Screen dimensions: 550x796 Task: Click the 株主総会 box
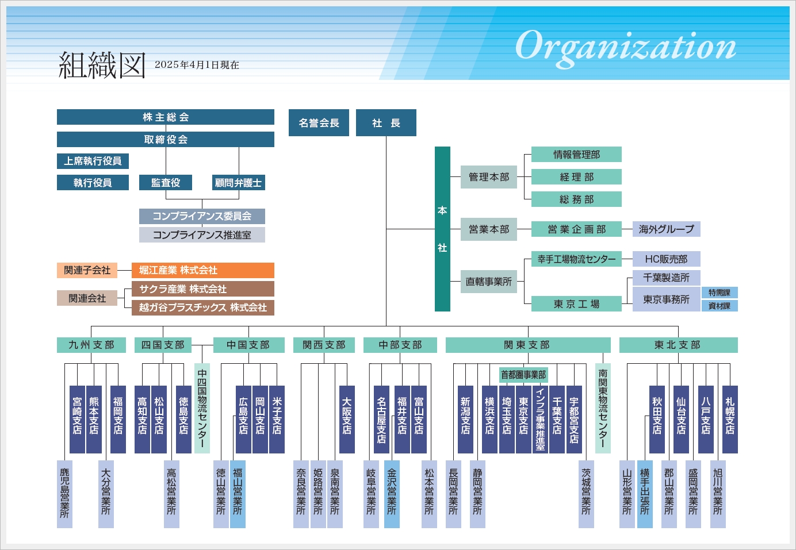[166, 117]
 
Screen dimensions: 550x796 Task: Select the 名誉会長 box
[319, 123]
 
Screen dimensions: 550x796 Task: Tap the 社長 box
[386, 123]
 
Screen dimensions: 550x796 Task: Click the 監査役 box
[166, 183]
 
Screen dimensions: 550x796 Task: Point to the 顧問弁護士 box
[238, 183]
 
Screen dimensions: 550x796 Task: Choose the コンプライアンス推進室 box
[202, 235]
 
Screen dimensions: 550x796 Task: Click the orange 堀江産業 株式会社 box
[202, 270]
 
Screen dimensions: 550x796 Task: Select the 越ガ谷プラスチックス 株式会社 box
[202, 307]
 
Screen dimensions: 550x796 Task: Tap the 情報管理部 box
[576, 155]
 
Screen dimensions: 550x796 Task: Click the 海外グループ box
[666, 229]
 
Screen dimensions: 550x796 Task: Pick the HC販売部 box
[666, 259]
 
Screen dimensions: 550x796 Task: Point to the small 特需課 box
[720, 293]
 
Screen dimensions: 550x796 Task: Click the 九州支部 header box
[91, 345]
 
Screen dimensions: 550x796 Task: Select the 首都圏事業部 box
[523, 375]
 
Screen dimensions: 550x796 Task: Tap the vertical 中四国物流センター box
[202, 408]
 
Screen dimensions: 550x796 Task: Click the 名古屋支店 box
[381, 420]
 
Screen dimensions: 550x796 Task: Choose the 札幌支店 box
[730, 420]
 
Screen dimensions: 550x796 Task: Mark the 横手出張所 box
[645, 494]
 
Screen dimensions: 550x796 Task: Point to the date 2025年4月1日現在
[197, 65]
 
